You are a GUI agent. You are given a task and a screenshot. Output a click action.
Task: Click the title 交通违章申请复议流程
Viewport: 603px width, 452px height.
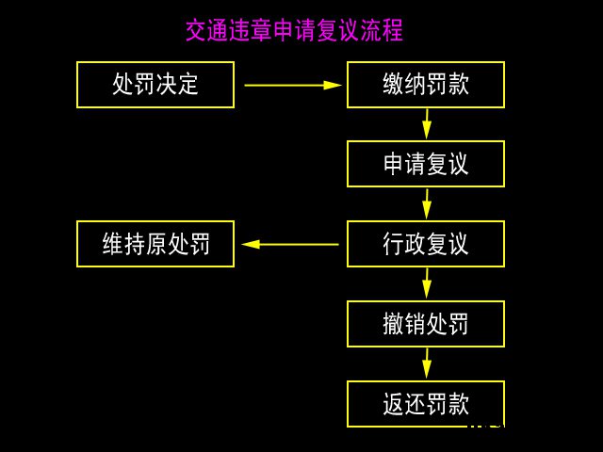click(x=294, y=30)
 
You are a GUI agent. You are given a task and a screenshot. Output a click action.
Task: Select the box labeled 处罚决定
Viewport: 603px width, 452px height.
click(x=155, y=85)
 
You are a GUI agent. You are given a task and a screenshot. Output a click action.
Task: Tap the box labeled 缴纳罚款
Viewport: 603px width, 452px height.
click(x=426, y=85)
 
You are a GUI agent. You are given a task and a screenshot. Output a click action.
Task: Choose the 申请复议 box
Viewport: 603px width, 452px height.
click(x=426, y=164)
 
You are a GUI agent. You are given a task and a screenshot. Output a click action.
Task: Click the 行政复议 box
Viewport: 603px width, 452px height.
click(x=426, y=244)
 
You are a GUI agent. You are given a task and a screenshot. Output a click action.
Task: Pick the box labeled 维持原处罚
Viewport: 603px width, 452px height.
click(x=155, y=244)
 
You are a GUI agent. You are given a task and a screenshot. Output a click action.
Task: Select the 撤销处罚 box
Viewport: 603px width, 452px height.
click(x=426, y=324)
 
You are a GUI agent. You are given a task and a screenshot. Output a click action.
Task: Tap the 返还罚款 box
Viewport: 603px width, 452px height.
click(x=426, y=404)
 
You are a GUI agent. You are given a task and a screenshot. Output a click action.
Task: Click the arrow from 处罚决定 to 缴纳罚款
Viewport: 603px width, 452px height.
click(x=292, y=85)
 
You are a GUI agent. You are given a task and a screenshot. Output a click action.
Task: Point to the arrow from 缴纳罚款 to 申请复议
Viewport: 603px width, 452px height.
click(x=427, y=124)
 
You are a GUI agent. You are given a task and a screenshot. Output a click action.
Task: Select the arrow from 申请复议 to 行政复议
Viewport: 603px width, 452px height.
click(x=427, y=204)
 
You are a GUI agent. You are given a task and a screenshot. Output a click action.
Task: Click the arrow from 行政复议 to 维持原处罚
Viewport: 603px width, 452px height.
click(x=290, y=244)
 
